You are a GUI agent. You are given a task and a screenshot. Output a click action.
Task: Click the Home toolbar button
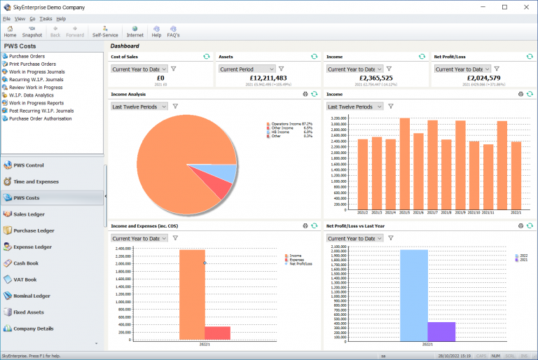tap(10, 32)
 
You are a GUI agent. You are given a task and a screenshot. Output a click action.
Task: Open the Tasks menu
tap(46, 19)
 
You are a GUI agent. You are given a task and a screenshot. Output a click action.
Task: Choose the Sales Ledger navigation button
tap(29, 214)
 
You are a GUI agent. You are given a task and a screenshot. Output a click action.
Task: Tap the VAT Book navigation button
tap(25, 279)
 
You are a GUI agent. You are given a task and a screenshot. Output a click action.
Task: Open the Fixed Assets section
tap(28, 312)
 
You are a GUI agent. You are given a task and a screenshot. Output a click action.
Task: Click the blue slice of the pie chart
tap(223, 173)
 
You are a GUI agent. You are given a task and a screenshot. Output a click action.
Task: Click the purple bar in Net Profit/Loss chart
tap(441, 332)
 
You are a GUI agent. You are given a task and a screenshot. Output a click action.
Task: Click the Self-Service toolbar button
tap(105, 32)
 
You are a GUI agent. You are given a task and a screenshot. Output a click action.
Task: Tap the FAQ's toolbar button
tap(173, 32)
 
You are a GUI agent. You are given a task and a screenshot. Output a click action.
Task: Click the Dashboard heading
tap(124, 46)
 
